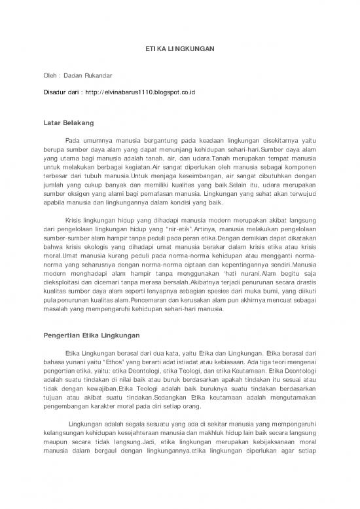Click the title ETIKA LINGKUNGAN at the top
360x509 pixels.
(x=179, y=50)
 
